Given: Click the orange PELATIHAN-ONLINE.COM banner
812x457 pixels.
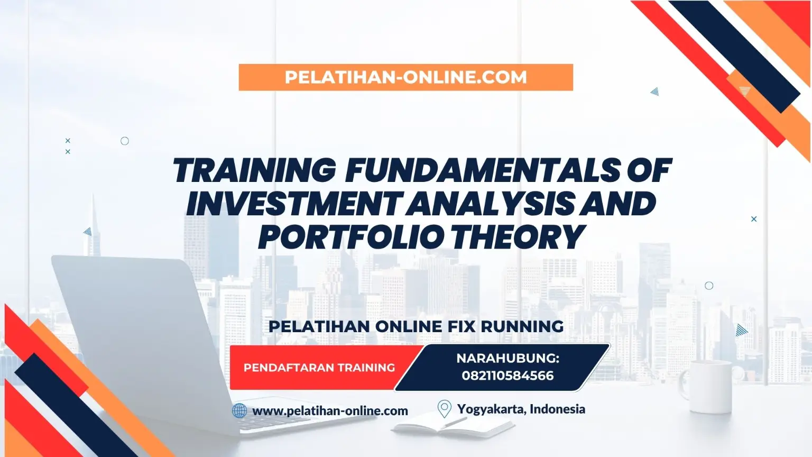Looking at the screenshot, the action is (x=405, y=77).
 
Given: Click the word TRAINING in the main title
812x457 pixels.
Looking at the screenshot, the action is (x=253, y=170).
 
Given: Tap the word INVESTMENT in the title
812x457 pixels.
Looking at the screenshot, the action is (x=296, y=203).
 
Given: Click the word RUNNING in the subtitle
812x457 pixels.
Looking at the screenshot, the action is (x=522, y=326).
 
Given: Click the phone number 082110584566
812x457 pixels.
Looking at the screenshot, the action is (x=508, y=376).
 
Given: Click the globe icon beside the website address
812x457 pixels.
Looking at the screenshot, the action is (x=239, y=411).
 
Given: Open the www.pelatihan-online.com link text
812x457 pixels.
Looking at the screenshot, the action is (x=330, y=411).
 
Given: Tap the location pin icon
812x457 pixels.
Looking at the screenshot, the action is (x=444, y=409).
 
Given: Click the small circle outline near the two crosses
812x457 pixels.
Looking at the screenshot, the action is (x=125, y=141).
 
